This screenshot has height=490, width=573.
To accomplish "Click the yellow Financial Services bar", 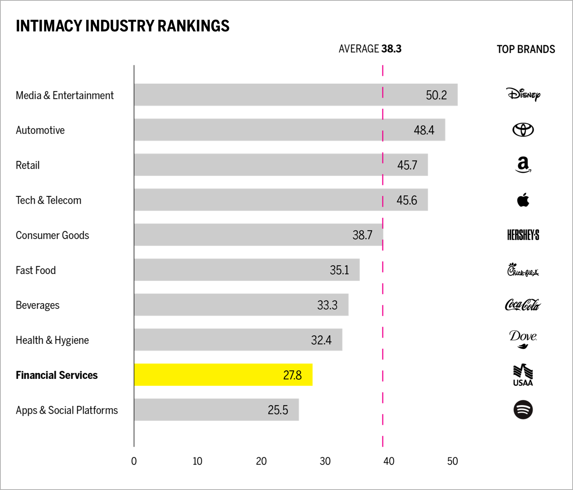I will coord(223,375).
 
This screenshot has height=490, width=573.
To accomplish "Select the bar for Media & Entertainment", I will coord(296,95).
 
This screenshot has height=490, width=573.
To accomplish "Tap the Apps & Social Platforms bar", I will coord(216,410).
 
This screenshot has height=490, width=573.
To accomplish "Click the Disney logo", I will coord(523,94).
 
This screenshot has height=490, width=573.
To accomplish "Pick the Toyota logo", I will coord(523,130).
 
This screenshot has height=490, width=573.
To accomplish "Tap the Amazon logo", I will coord(523,165).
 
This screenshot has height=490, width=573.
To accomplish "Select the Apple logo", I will coord(523,200).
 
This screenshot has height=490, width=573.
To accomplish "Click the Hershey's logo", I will coord(523,235).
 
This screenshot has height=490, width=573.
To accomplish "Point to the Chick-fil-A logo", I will coord(523,270).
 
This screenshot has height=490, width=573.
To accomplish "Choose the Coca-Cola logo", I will coord(523,305).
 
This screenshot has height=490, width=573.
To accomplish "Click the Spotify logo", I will coord(523,410).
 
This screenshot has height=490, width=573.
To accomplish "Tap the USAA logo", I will coord(523,375).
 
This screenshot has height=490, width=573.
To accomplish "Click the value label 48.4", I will coord(424,130).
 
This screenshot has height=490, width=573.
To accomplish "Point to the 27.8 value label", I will coord(292,375).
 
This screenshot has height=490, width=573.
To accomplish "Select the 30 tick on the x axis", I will coord(325,461).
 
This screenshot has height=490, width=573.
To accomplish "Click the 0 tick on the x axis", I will coord(134,461).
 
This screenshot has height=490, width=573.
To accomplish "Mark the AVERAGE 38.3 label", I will coord(370,49).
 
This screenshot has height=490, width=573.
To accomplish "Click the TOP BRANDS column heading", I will coord(526,49).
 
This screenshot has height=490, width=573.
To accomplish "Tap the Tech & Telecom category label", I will coord(49,200).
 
